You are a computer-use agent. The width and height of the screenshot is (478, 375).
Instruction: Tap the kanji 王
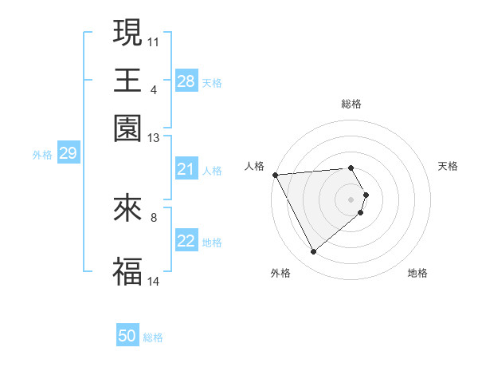(127, 80)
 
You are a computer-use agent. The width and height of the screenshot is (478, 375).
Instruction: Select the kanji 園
(127, 128)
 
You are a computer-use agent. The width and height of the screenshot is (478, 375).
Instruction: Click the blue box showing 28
(186, 81)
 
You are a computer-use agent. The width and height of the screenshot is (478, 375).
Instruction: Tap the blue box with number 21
(186, 169)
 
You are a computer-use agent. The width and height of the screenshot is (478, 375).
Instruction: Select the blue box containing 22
(186, 241)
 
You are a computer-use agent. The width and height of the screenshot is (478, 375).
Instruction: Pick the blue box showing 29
(68, 153)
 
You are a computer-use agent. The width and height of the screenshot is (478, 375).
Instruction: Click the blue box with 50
(127, 336)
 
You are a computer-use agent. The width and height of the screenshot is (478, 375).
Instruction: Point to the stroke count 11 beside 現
(154, 41)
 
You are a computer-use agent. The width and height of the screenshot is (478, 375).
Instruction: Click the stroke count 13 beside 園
(154, 138)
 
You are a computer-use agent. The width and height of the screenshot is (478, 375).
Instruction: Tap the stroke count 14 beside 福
(154, 281)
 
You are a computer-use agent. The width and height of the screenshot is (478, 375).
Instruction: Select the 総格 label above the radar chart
(351, 104)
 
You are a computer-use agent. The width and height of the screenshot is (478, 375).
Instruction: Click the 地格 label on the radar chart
(417, 273)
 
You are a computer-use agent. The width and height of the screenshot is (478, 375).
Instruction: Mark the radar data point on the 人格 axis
(275, 175)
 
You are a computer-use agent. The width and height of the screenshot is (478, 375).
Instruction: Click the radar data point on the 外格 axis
(313, 252)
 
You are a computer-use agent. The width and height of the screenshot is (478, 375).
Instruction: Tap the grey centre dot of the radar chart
(351, 199)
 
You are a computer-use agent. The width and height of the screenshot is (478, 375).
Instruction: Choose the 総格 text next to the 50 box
(153, 337)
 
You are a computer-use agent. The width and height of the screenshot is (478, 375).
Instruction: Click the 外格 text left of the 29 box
(41, 155)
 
